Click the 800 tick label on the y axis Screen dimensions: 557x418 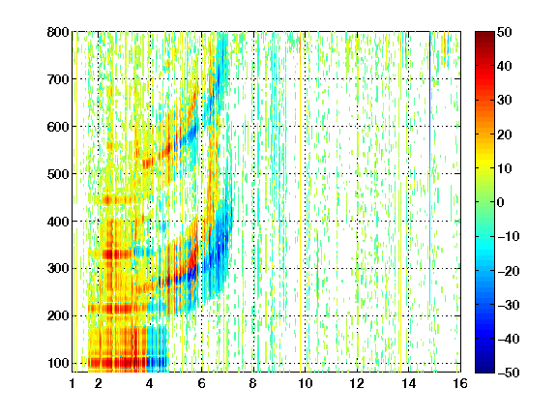(58, 32)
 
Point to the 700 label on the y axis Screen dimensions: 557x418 (58, 79)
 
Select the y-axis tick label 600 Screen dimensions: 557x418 (58, 127)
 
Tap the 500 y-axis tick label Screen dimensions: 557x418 (58, 174)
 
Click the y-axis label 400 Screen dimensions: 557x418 (58, 222)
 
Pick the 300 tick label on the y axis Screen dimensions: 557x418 (58, 268)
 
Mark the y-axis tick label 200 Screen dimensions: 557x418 (58, 315)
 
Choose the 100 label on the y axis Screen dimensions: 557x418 (58, 363)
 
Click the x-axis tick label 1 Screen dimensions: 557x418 (73, 383)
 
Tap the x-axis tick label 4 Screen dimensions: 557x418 (150, 383)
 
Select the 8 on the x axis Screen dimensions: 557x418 (253, 383)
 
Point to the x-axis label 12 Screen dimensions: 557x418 (357, 383)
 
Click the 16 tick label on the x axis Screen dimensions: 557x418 (460, 383)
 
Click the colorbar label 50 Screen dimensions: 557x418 (504, 32)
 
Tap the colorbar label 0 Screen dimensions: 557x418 (501, 202)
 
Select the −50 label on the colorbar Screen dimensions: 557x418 (508, 373)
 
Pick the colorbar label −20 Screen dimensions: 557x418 (508, 271)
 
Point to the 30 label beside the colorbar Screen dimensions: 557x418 (504, 101)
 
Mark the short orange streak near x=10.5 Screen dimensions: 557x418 (317, 274)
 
